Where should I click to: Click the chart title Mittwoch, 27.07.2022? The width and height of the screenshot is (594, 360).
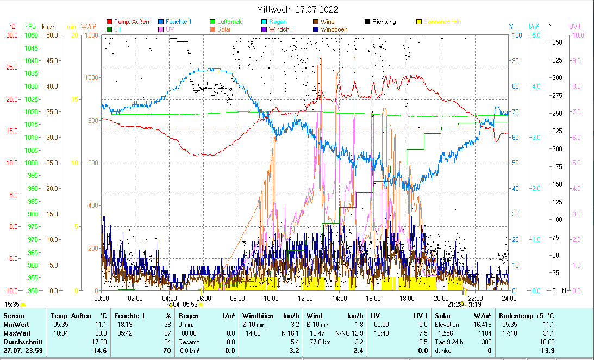coord(297,9)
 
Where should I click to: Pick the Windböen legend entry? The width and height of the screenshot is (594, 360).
coord(334,29)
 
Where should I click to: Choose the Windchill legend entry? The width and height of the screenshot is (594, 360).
coord(284,29)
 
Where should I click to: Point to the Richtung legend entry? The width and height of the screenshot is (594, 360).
coord(384,22)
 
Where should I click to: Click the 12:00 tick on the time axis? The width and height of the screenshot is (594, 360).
coord(305,298)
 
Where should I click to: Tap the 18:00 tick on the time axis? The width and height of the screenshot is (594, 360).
coord(407,298)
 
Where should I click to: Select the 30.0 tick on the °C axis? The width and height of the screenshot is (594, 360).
coord(12,35)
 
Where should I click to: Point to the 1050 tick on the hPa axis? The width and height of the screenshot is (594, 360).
coord(30,35)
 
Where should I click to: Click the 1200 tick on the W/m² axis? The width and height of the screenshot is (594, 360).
coord(92,35)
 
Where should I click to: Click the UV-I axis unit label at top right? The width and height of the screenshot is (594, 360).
coord(575,26)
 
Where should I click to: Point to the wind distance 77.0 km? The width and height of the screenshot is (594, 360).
coord(316,342)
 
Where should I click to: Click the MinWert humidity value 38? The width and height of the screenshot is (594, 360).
coord(168,324)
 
